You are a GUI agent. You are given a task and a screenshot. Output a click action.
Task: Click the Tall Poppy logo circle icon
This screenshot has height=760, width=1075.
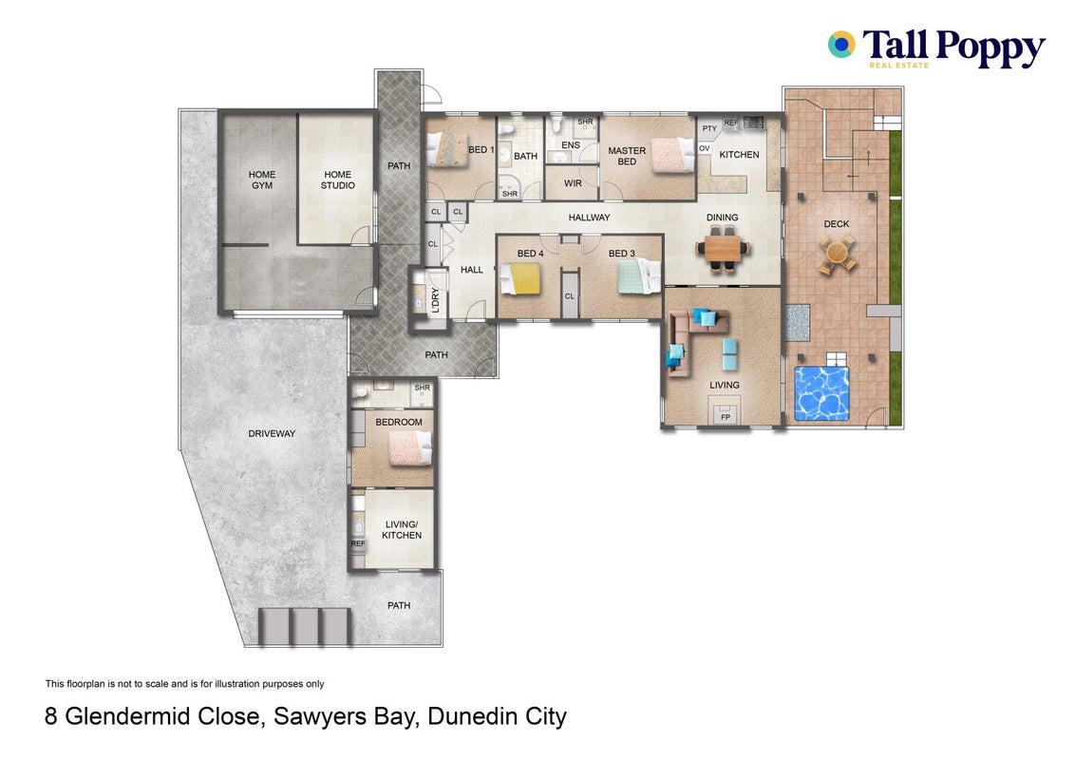[841, 45]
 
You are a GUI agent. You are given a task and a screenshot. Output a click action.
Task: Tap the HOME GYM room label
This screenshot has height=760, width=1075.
[262, 180]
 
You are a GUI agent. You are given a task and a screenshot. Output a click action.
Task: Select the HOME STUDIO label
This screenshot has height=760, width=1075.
[338, 180]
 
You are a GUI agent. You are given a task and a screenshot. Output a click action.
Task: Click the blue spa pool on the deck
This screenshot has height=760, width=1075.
[821, 393]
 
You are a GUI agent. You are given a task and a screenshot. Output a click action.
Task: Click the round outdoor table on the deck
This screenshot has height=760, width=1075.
[837, 254]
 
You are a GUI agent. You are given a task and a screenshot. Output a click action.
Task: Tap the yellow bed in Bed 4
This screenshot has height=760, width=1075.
[519, 278]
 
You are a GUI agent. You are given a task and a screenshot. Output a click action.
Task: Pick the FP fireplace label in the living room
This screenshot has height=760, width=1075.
[726, 416]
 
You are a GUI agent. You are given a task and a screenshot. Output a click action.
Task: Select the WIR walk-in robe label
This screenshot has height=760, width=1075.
[573, 184]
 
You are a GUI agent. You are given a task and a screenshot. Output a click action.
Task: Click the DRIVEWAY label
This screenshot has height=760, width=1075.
[272, 433]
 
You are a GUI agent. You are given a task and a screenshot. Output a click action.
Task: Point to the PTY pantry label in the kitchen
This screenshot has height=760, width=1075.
[709, 128]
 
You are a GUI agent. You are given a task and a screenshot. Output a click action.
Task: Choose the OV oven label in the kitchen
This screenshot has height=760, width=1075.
[704, 148]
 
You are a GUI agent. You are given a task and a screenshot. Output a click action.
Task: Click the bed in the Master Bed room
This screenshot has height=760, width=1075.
[673, 155]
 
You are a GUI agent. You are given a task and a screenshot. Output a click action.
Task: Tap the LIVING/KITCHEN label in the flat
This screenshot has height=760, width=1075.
[402, 529]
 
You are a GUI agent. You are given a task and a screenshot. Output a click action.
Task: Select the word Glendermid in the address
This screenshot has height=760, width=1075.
[161, 717]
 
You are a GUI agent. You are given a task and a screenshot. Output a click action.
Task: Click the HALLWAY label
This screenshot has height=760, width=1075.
[589, 218]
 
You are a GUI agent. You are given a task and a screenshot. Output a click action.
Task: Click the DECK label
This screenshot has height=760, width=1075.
[837, 223]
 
